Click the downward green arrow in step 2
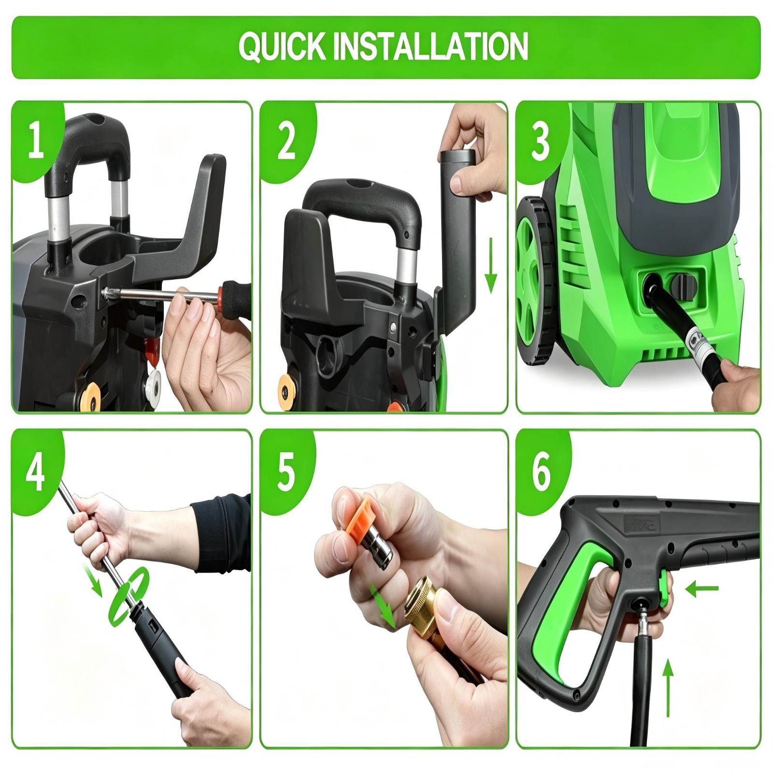pos(491,265)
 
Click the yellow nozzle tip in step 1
pos(90,389)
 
